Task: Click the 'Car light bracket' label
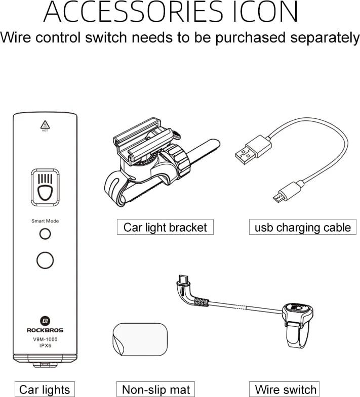click(165, 227)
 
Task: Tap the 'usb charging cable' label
click(302, 227)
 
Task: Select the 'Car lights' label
click(44, 389)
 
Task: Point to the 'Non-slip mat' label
click(156, 389)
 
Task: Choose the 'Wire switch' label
click(286, 389)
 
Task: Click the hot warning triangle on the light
click(45, 123)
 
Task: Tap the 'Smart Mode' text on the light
click(45, 221)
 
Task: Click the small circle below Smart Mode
click(45, 234)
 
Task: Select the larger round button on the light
click(45, 260)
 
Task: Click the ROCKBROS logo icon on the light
click(45, 321)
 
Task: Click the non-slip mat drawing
click(139, 342)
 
